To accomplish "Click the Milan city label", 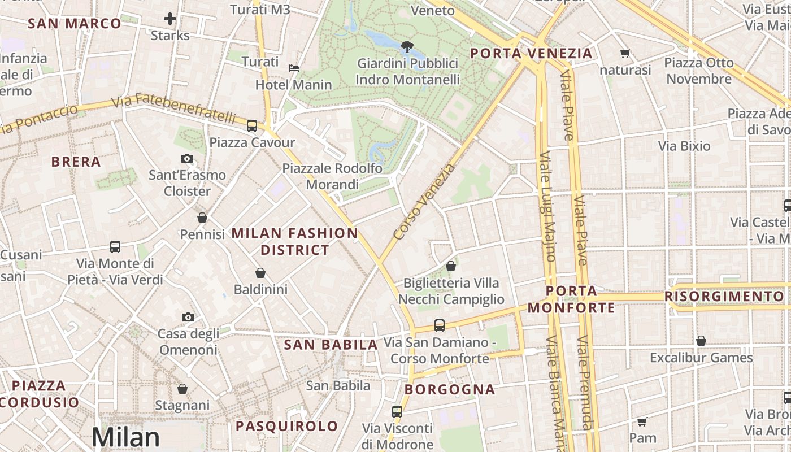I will coord(125,437).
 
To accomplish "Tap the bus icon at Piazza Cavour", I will coord(252,125).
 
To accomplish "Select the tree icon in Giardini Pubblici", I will coord(406,46).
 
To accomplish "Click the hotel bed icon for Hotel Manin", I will coord(294,68).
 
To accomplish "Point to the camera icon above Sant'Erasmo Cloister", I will coord(187,159).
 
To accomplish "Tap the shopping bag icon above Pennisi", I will coord(202,218).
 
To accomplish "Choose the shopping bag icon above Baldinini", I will coord(260,273).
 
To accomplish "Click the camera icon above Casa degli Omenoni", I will coord(188,318).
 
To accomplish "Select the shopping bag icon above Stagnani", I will coord(182,389).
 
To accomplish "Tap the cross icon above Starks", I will coord(170,19).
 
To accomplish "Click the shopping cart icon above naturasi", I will coord(625,54).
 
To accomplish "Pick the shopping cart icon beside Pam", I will coord(642,421).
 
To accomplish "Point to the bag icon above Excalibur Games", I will coord(701,341).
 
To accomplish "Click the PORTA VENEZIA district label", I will coord(531,54).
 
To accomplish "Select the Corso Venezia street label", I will coord(424,202).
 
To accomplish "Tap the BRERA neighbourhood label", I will coord(76,162).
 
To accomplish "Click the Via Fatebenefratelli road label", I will coord(173,109).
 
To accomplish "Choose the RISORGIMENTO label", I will coord(724,297).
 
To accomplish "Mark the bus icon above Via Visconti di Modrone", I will coord(397,411).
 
